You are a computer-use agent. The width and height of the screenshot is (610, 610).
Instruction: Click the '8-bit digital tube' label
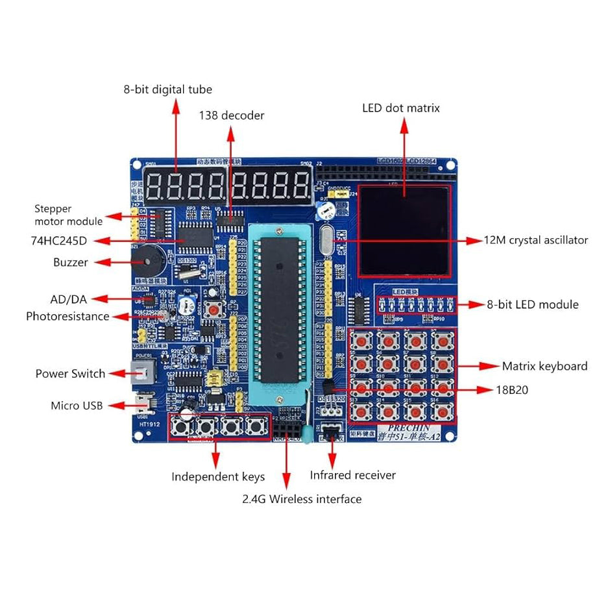click(167, 90)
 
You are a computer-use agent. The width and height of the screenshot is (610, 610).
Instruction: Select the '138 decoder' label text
click(232, 116)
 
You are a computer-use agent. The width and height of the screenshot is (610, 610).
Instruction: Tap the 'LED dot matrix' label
click(400, 108)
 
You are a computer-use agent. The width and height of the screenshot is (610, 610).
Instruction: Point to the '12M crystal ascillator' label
click(536, 240)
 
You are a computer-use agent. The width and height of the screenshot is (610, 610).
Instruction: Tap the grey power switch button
click(141, 373)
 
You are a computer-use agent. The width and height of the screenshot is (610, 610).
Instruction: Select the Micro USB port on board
click(141, 405)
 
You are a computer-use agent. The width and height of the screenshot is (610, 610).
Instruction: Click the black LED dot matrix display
click(404, 230)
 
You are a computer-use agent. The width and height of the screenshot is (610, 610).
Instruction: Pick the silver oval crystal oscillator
click(326, 241)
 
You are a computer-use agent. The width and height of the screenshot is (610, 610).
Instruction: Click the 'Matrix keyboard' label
click(544, 366)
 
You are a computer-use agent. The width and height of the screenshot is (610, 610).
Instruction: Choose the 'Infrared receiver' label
click(352, 475)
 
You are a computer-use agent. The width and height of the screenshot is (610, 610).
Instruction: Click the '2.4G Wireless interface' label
click(302, 499)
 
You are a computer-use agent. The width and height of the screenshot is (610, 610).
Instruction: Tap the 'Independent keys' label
click(218, 477)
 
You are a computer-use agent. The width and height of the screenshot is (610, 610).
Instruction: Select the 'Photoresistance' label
click(67, 317)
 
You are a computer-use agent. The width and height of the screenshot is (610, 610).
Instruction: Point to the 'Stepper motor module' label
click(68, 215)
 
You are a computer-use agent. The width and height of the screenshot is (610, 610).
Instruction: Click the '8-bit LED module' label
click(532, 304)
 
